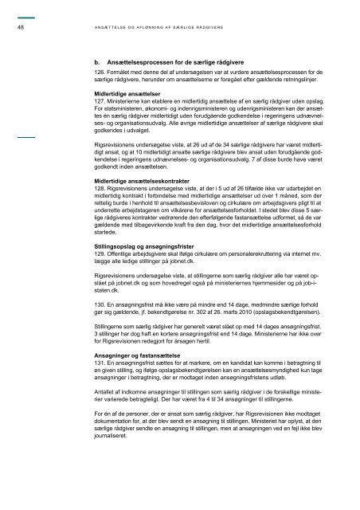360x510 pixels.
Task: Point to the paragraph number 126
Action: (x=99, y=73)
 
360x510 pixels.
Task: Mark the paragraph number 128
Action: (x=99, y=188)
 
